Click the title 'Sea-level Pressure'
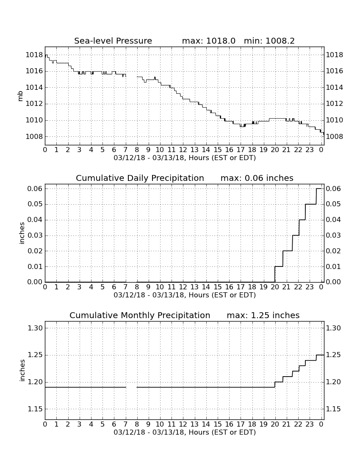tap(113, 41)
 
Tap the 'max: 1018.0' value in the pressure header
tap(208, 41)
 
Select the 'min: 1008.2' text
tap(269, 41)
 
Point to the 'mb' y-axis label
tap(20, 96)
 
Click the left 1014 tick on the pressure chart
tap(34, 87)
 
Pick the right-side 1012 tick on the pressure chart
tap(335, 104)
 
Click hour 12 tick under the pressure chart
tap(183, 150)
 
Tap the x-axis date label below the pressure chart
tap(185, 158)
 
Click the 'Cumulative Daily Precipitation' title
tap(140, 178)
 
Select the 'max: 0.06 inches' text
tap(257, 178)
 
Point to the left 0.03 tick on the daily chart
tap(35, 236)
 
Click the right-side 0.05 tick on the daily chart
tap(333, 204)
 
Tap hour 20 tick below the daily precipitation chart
tap(275, 287)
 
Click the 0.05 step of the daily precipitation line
tap(311, 204)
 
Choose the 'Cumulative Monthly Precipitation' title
tap(140, 315)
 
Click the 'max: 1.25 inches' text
tap(263, 315)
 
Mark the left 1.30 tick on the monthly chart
tap(35, 328)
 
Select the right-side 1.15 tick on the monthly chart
tap(333, 409)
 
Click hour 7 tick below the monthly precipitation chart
tap(126, 424)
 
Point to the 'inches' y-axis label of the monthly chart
tap(22, 370)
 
